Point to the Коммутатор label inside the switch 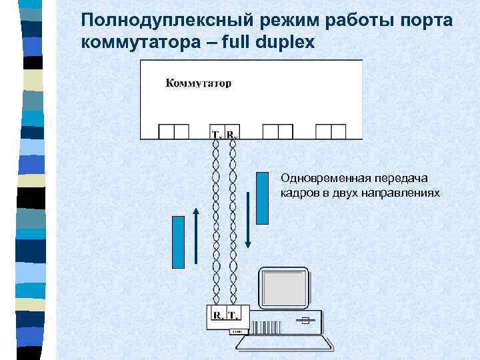(x=198, y=83)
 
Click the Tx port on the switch (x=216, y=132)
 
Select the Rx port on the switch (x=232, y=132)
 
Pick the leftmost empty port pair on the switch (x=174, y=131)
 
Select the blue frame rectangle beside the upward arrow (x=178, y=241)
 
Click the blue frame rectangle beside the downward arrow (x=262, y=197)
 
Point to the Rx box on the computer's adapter (x=218, y=315)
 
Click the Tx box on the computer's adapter (x=235, y=315)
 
